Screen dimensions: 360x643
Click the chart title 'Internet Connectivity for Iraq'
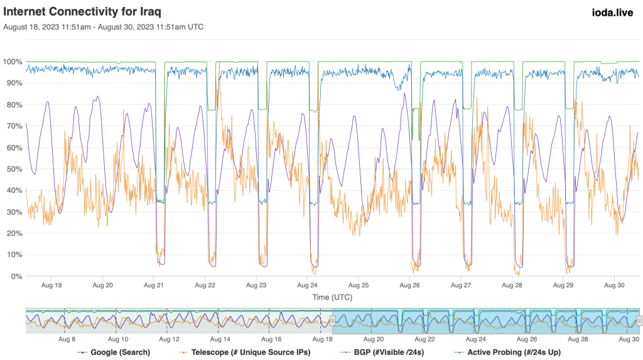(x=84, y=12)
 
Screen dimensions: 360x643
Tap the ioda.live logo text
(x=612, y=12)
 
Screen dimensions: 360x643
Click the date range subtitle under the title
(x=104, y=27)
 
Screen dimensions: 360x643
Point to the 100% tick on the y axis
(x=13, y=62)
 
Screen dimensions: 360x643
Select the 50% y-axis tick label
(x=13, y=170)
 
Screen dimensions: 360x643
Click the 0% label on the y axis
(x=15, y=276)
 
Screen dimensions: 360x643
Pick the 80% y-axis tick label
(x=13, y=105)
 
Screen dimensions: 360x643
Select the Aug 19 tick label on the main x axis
(x=51, y=285)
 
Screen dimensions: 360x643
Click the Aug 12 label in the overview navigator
(x=170, y=339)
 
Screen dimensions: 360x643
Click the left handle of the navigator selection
(x=333, y=320)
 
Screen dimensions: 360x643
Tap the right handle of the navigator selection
(x=639, y=320)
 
